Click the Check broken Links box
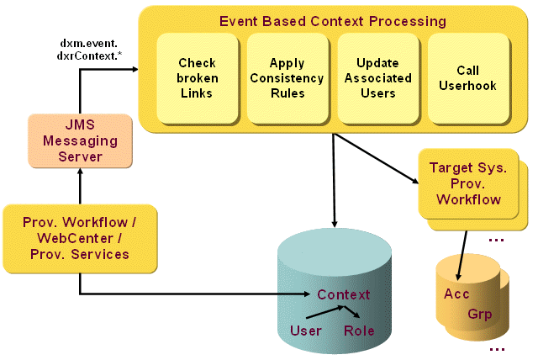[197, 77]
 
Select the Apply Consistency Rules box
[286, 77]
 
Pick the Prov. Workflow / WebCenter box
[80, 238]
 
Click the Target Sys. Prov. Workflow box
[467, 185]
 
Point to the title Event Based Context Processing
[333, 20]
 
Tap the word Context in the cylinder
[343, 294]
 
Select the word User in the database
[305, 331]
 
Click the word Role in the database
[359, 331]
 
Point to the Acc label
[456, 294]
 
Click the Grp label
[480, 315]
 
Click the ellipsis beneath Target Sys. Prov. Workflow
[495, 240]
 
